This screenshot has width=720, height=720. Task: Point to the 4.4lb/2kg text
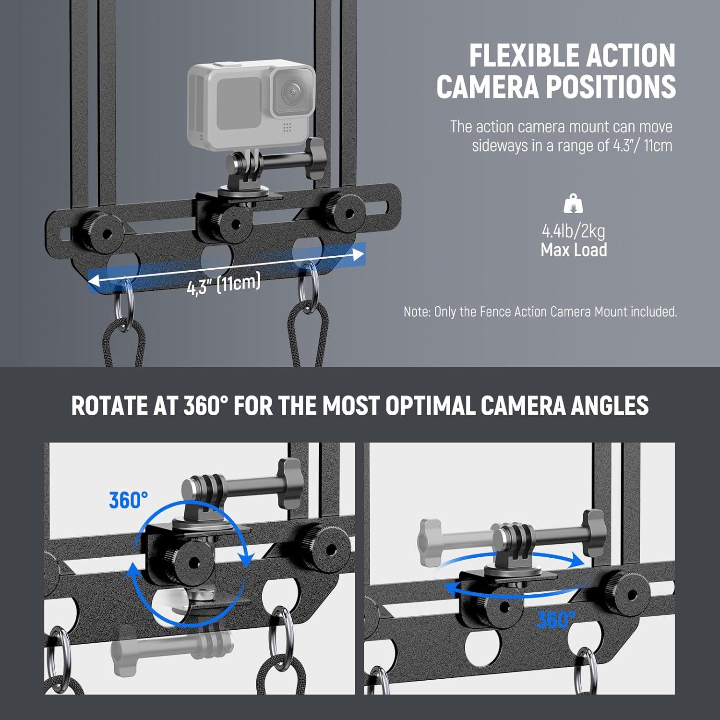pos(574,231)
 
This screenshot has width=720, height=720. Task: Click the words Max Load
pos(574,250)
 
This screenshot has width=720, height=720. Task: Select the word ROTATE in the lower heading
pos(109,406)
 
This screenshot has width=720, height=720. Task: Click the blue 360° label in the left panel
pos(128,500)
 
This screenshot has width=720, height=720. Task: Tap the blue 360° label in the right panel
pos(555,620)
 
